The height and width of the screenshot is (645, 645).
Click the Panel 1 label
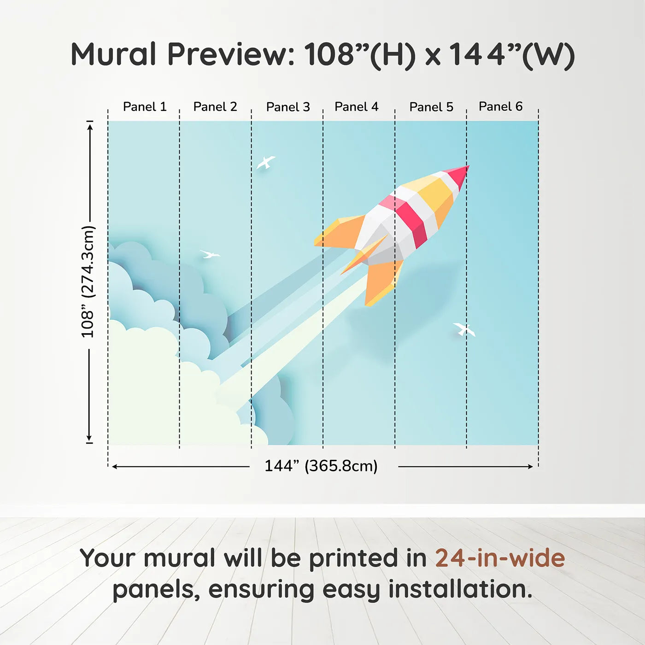pyautogui.click(x=145, y=107)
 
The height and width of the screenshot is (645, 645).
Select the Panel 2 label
pyautogui.click(x=215, y=107)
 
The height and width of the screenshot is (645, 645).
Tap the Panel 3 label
pyautogui.click(x=288, y=107)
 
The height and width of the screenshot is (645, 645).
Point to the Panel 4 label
pyautogui.click(x=357, y=107)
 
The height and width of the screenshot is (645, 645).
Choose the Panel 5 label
pyautogui.click(x=431, y=107)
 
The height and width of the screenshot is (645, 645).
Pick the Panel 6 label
pyautogui.click(x=500, y=106)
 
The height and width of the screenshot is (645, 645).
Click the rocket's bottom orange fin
pyautogui.click(x=382, y=282)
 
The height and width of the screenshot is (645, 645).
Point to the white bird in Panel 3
pyautogui.click(x=266, y=163)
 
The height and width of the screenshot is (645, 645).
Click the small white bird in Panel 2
pyautogui.click(x=210, y=254)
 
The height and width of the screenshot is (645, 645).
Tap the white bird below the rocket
pyautogui.click(x=464, y=329)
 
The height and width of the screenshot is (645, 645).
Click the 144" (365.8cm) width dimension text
pyautogui.click(x=321, y=466)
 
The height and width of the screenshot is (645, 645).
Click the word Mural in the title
pyautogui.click(x=113, y=54)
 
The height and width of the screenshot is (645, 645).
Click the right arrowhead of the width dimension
pyautogui.click(x=530, y=467)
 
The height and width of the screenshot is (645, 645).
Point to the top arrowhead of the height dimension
pyautogui.click(x=90, y=127)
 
